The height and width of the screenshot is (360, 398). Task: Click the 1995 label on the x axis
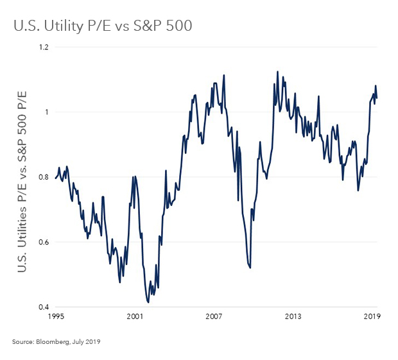pyautogui.click(x=55, y=317)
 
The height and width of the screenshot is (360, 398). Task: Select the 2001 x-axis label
pyautogui.click(x=135, y=317)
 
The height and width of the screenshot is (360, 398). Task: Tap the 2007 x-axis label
pyautogui.click(x=214, y=317)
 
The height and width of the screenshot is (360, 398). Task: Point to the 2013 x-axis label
pyautogui.click(x=293, y=317)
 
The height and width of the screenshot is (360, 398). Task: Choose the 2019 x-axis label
pyautogui.click(x=373, y=317)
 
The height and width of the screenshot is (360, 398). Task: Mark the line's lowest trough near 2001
pyautogui.click(x=148, y=302)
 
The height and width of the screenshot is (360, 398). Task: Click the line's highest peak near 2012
pyautogui.click(x=277, y=72)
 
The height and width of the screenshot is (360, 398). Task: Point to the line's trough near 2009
pyautogui.click(x=250, y=268)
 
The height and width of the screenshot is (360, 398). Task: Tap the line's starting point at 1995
pyautogui.click(x=55, y=178)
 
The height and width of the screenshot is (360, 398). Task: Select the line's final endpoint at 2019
pyautogui.click(x=377, y=98)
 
